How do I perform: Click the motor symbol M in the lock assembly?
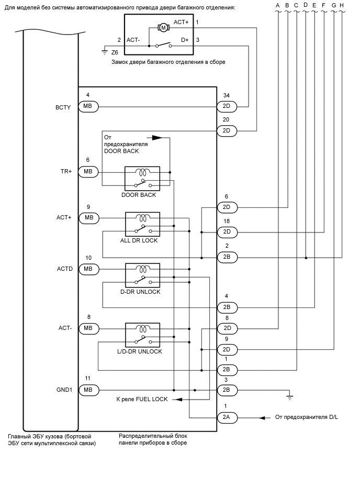(x=163, y=27)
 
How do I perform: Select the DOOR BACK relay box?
(x=142, y=179)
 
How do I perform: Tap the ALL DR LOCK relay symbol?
(x=142, y=224)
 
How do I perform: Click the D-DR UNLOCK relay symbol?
(x=142, y=275)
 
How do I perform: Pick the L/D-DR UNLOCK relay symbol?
(x=142, y=335)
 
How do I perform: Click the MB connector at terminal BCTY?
(x=88, y=106)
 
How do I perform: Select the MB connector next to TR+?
(x=88, y=171)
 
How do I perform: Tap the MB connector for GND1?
(x=88, y=390)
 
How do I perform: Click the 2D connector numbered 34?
(x=227, y=106)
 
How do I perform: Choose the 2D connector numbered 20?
(x=227, y=130)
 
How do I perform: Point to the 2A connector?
(x=227, y=417)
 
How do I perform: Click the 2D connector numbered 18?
(x=227, y=231)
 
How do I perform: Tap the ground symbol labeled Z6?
(x=105, y=51)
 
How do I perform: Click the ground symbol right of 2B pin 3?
(x=290, y=397)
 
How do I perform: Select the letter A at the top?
(x=278, y=5)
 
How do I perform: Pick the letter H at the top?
(x=342, y=5)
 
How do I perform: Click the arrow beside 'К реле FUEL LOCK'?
(x=178, y=399)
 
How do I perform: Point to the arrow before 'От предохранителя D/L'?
(x=262, y=417)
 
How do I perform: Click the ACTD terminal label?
(x=65, y=269)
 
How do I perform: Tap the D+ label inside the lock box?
(x=185, y=40)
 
